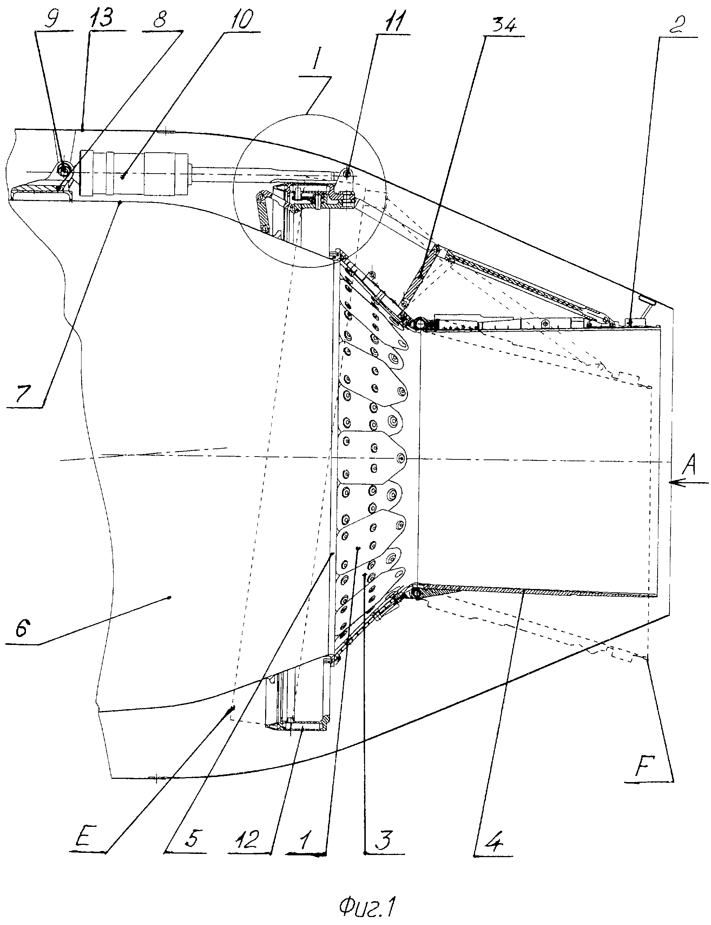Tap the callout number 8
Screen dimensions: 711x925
click(159, 19)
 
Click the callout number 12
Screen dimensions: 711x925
click(246, 837)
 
